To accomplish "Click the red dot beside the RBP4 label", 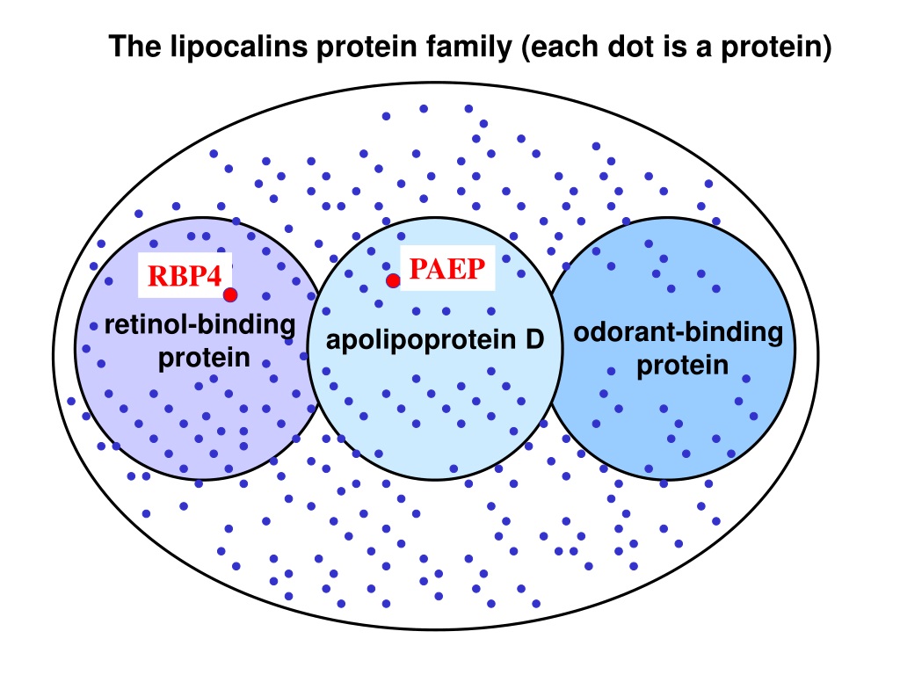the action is [230, 295].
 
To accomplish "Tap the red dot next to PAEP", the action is [393, 280].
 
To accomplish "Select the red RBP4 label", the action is [185, 275].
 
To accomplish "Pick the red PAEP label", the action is [447, 269].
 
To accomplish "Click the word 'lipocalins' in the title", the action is [239, 47].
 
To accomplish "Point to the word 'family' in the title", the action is [468, 47].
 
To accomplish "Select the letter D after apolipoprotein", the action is [533, 339].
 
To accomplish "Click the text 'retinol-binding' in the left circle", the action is [200, 325].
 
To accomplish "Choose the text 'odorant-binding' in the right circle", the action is [679, 332].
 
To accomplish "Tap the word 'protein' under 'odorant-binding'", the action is [682, 366].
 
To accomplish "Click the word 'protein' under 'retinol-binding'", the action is [204, 359].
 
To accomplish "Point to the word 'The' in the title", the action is [135, 47].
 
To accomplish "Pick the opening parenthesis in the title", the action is [526, 47].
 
